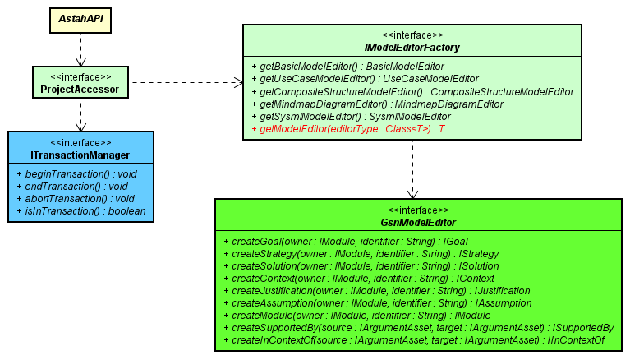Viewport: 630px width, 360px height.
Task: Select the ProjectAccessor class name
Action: (80, 89)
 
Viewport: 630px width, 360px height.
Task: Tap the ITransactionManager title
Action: (79, 155)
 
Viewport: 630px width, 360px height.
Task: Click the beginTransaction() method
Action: (76, 174)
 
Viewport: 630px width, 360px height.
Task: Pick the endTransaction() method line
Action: (71, 187)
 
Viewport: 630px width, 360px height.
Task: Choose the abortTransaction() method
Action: (75, 199)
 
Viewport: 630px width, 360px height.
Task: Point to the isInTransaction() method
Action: (80, 211)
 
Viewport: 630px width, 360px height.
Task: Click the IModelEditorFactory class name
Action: (412, 48)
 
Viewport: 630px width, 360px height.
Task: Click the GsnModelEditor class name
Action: (418, 223)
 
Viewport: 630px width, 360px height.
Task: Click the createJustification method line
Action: (380, 291)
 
